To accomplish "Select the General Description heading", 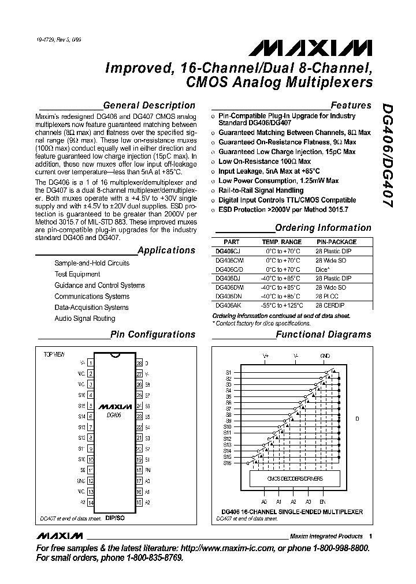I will [148, 105].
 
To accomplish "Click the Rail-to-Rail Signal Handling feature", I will [261, 190].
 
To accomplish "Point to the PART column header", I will [231, 242].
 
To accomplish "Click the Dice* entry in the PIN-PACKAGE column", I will [322, 269].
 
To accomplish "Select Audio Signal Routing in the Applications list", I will [85, 319].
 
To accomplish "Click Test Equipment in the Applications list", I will [77, 274].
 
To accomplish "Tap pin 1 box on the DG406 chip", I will [91, 363].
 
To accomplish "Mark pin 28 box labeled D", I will [139, 364].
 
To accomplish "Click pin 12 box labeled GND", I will [91, 481].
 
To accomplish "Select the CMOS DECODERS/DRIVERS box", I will [295, 479].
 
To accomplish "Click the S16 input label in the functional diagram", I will [228, 463].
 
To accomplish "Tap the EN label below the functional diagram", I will [322, 502].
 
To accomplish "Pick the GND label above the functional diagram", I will [325, 355].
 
